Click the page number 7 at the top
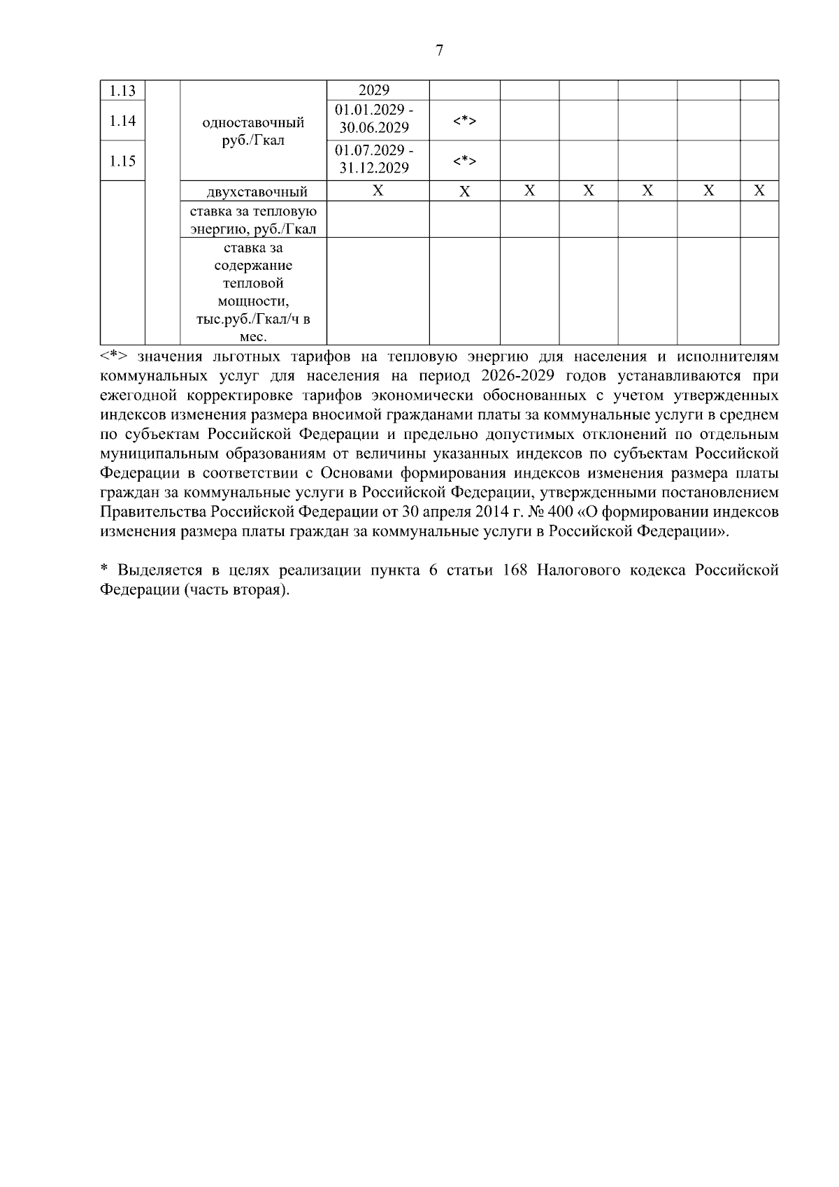click(439, 50)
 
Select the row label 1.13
click(122, 91)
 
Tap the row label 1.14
click(122, 120)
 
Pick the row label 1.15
click(122, 161)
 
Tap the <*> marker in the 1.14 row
click(464, 121)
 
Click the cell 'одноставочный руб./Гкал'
click(253, 131)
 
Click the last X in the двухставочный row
click(759, 191)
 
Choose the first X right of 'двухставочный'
click(378, 191)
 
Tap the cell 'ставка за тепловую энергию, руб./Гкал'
click(253, 220)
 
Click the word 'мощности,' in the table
click(253, 301)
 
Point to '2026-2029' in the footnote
click(517, 375)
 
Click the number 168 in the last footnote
click(515, 570)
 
